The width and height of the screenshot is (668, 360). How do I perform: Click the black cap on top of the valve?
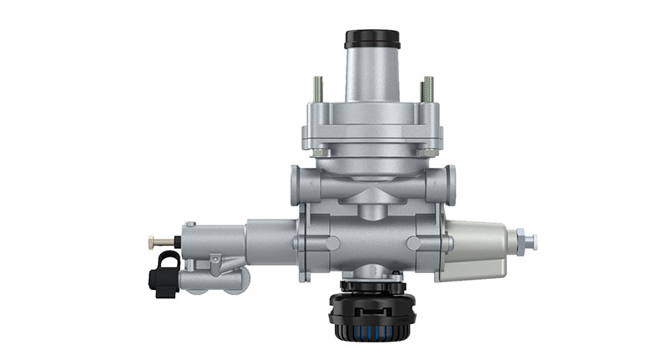[x=372, y=39]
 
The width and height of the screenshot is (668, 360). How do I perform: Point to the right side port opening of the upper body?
[x=451, y=181]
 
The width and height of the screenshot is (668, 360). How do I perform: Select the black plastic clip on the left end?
[x=164, y=271]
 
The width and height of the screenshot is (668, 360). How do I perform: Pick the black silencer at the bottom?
[x=373, y=313]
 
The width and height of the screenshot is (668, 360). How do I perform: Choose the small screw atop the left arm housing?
[x=190, y=226]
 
